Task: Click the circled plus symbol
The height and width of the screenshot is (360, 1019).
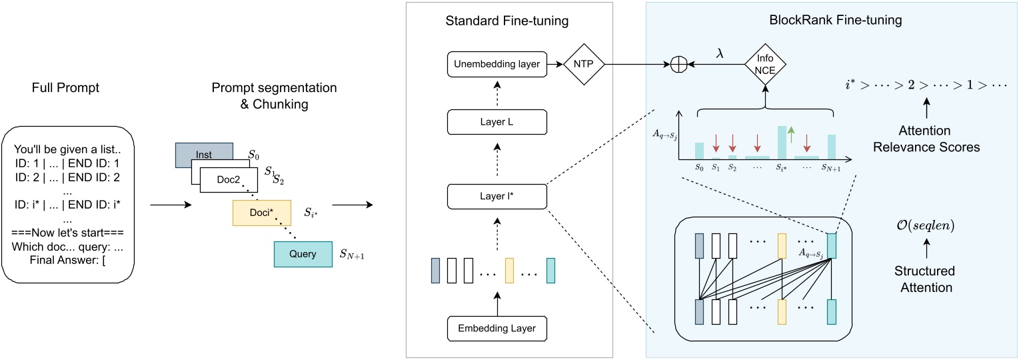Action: tap(677, 65)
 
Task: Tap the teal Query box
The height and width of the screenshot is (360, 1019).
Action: tap(302, 254)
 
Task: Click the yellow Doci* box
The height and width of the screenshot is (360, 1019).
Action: tap(261, 212)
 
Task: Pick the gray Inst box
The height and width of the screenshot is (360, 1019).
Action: tap(204, 154)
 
